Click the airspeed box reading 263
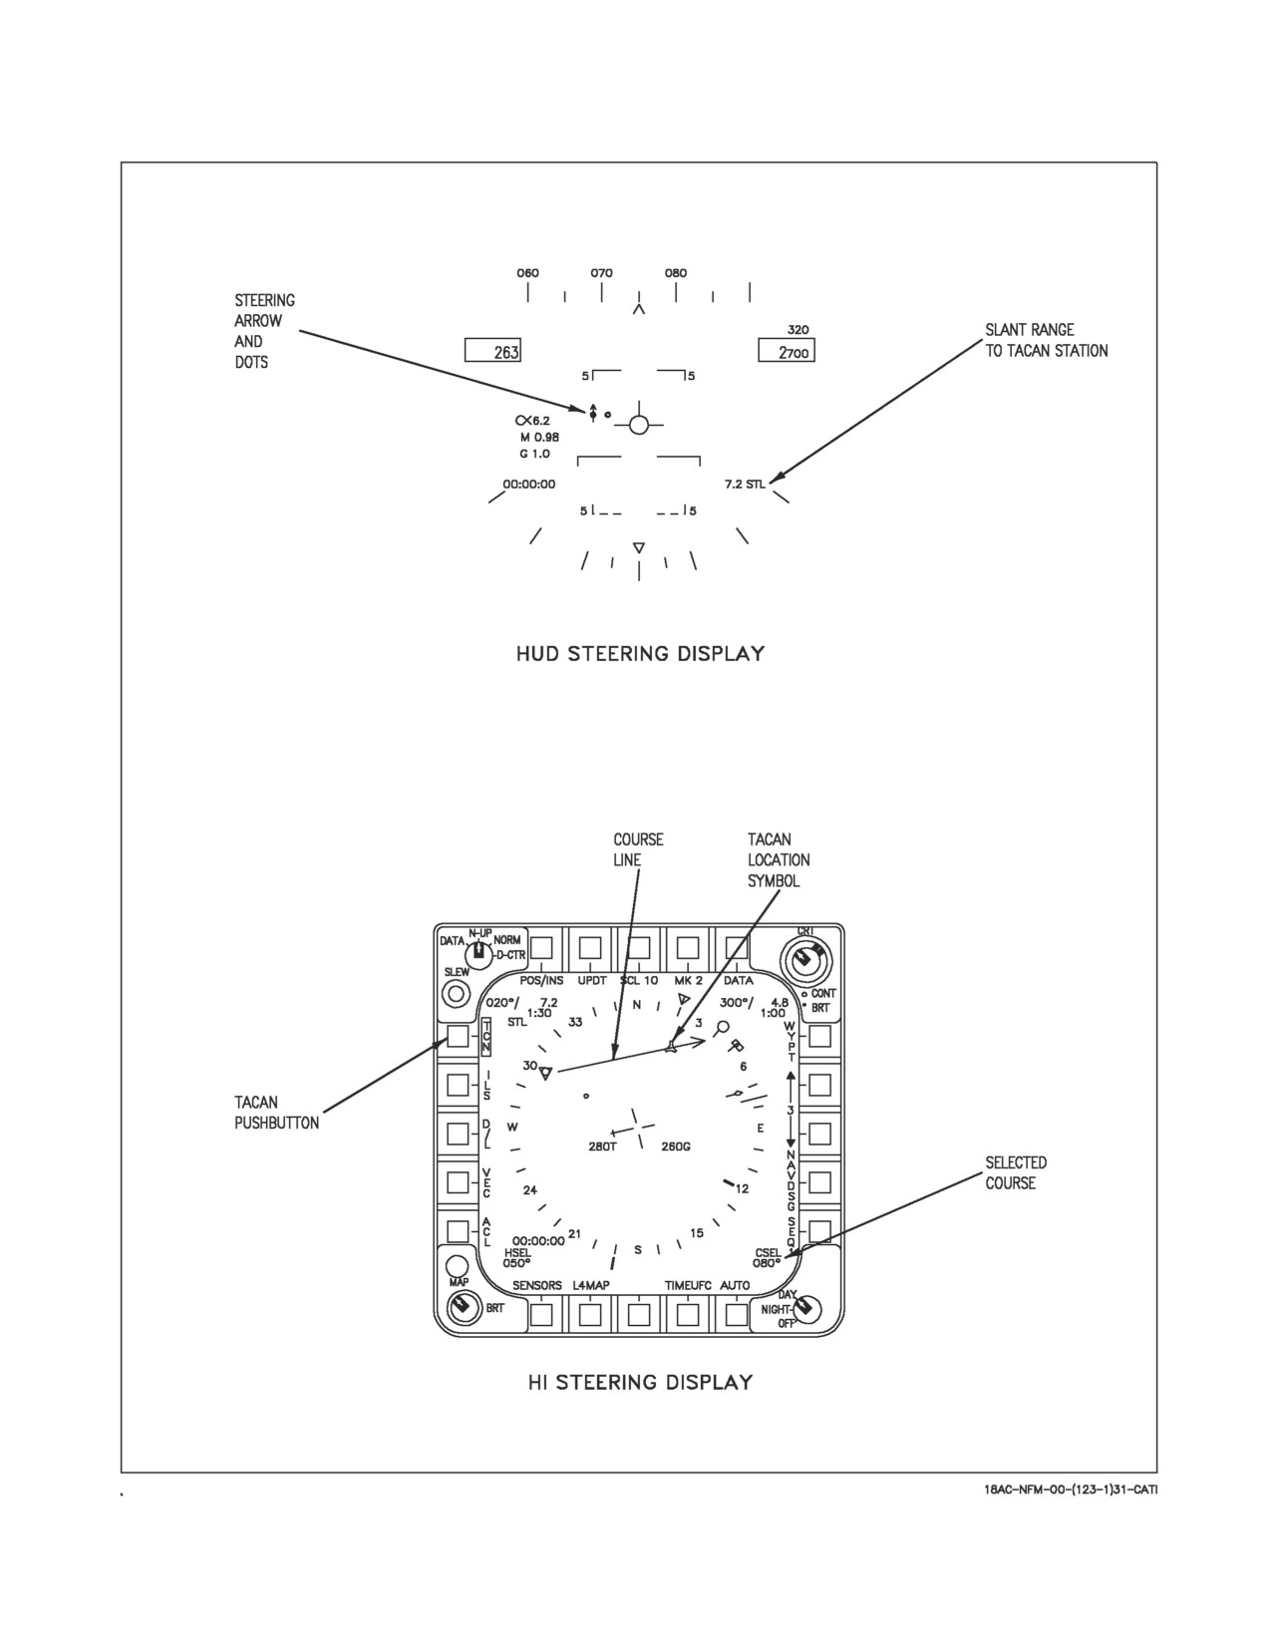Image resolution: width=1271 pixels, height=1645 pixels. (x=492, y=351)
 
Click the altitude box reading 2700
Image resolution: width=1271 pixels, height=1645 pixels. (x=787, y=351)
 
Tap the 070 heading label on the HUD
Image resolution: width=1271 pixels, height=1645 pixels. (x=602, y=272)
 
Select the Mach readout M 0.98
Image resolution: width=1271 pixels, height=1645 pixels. (x=539, y=437)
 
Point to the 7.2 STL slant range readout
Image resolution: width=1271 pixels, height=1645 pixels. (x=745, y=484)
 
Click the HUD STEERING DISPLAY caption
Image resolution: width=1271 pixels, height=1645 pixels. (x=640, y=653)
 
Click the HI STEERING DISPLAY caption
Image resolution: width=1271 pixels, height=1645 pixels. (x=640, y=1383)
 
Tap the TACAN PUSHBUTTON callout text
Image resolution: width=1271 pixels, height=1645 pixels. (x=276, y=1112)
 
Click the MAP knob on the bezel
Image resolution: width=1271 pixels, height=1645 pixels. (x=457, y=1266)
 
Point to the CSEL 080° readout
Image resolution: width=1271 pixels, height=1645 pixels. (x=767, y=1258)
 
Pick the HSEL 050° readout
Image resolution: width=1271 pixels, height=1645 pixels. (x=517, y=1258)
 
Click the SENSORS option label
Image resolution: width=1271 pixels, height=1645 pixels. (x=536, y=1285)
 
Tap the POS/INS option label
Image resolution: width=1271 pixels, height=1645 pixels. (x=541, y=980)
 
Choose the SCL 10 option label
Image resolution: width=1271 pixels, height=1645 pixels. (x=639, y=980)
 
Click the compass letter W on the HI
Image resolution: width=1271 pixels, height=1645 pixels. (x=512, y=1128)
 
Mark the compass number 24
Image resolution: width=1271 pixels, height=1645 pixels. (x=530, y=1190)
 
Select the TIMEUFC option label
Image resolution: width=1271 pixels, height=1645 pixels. (x=688, y=1285)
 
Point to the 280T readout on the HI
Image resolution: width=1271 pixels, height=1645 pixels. (x=602, y=1147)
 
